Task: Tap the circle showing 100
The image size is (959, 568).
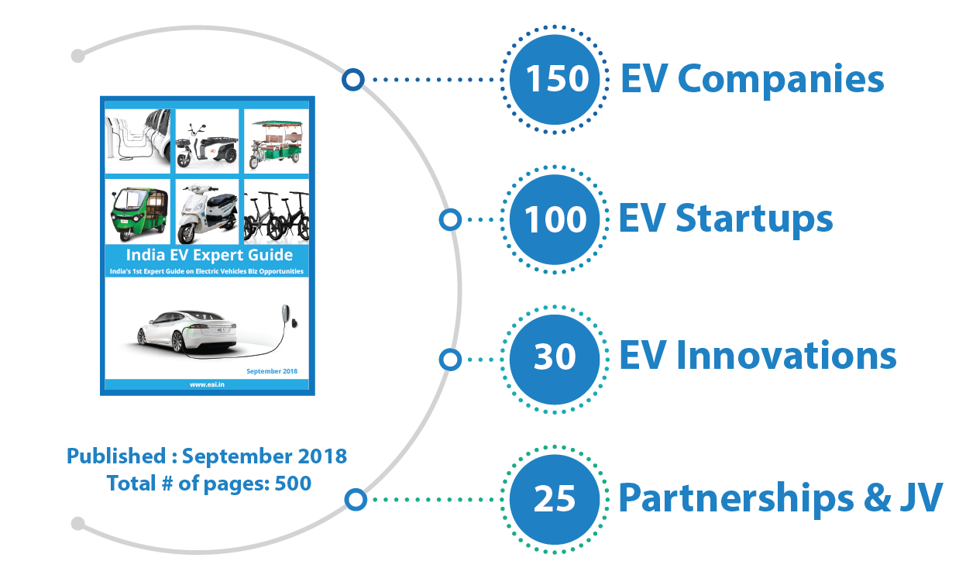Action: pos(554,220)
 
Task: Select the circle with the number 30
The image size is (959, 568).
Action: pos(554,358)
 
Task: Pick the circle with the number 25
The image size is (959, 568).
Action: pos(554,498)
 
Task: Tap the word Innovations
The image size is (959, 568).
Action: pos(785,356)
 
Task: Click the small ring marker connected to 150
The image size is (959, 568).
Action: pos(353,79)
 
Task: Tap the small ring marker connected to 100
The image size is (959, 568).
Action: pos(450,220)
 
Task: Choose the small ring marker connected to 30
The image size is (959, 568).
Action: pos(450,360)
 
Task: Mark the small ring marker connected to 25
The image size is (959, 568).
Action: pos(356,500)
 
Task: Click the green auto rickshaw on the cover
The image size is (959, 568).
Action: pos(139,210)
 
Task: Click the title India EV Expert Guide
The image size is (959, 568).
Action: pos(209,255)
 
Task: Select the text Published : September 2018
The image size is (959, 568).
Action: pos(207,456)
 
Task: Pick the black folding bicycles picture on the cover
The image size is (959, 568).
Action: pos(277,212)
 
